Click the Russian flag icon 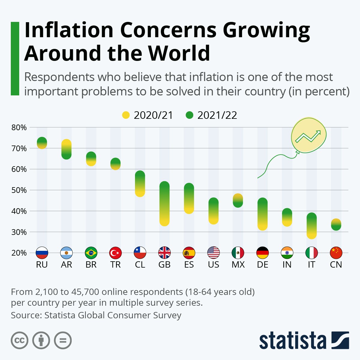coord(42,253)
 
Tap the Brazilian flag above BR coord(91,253)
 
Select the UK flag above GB coord(164,253)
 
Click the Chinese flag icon coord(336,253)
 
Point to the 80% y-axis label coord(19,127)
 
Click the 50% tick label coord(19,190)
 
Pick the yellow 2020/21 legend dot coord(126,115)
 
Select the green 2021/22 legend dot coord(189,115)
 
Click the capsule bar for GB coord(164,204)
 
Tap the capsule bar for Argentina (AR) coord(66,149)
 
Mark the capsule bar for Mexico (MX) coord(238,200)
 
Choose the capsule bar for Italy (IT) coord(311,226)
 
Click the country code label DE coord(262,265)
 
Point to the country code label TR coord(115,265)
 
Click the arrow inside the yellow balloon coord(308,137)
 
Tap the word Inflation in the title coord(69,30)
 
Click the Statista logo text coord(292,341)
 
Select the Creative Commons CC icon coord(19,340)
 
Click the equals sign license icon coord(63,340)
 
